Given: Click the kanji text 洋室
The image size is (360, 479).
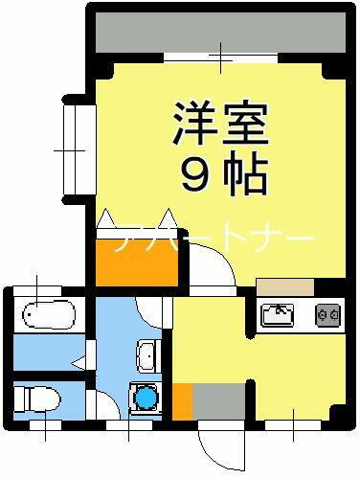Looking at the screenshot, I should click(x=217, y=122).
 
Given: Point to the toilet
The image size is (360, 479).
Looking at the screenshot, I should click(x=37, y=396).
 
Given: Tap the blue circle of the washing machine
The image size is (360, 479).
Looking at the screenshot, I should click(x=146, y=396).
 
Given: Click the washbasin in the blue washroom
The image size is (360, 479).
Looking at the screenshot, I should click(x=147, y=354).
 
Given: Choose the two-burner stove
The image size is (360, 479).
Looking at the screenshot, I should click(x=327, y=313).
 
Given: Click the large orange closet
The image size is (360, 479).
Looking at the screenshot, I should click(x=138, y=260).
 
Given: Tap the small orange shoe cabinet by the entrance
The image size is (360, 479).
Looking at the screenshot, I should click(x=180, y=399).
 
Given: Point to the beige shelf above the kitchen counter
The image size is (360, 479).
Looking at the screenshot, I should click(x=284, y=285).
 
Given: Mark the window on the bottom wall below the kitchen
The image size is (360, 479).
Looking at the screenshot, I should click(x=293, y=422).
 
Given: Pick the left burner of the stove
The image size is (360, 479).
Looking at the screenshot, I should click(x=322, y=313).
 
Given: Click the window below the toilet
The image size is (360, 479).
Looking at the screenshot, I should click(x=40, y=422).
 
